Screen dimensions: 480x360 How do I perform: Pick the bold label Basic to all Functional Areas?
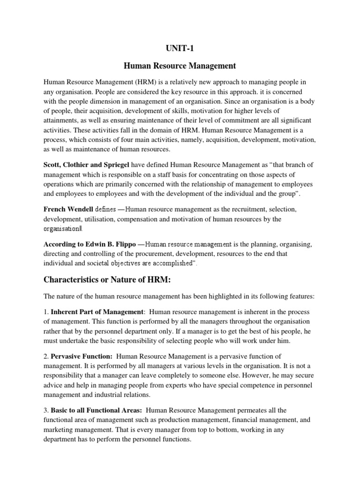[x=90, y=410]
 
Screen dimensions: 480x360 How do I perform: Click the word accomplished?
[x=169, y=263]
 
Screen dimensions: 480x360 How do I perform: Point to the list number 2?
[x=45, y=357]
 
